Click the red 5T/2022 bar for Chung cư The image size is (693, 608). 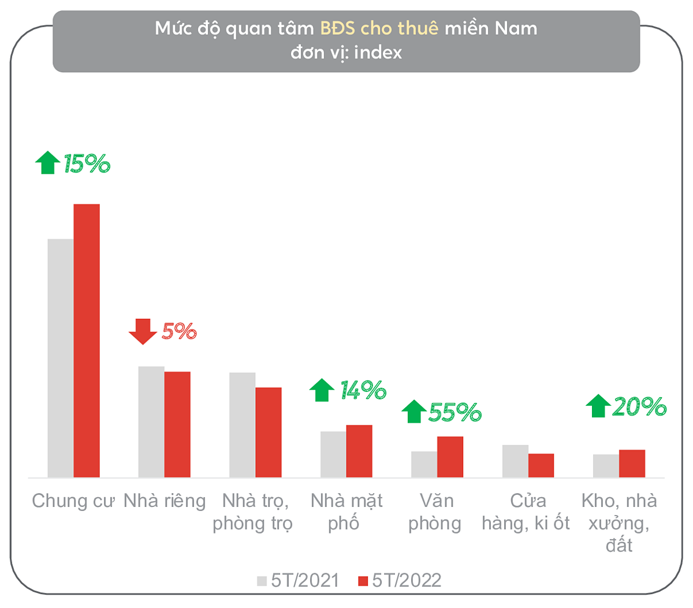87,341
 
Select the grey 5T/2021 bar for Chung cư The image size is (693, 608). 61,358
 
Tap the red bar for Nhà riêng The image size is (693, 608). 177,424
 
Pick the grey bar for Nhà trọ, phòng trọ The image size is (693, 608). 242,425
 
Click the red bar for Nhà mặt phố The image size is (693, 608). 359,451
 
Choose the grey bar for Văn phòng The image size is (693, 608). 424,464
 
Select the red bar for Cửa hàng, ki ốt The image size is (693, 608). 541,465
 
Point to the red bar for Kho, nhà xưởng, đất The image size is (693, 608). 632,463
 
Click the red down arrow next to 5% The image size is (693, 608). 143,331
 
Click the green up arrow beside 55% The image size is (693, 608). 413,411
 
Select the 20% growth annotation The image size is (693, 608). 639,407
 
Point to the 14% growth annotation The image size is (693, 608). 363,390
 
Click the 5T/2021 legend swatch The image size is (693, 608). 262,581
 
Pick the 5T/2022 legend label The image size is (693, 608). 407,580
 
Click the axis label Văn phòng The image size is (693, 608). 435,512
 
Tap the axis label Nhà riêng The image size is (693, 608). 165,501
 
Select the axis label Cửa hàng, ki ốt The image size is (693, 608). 526,512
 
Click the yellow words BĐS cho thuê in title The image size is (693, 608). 379,28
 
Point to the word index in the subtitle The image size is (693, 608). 378,53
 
